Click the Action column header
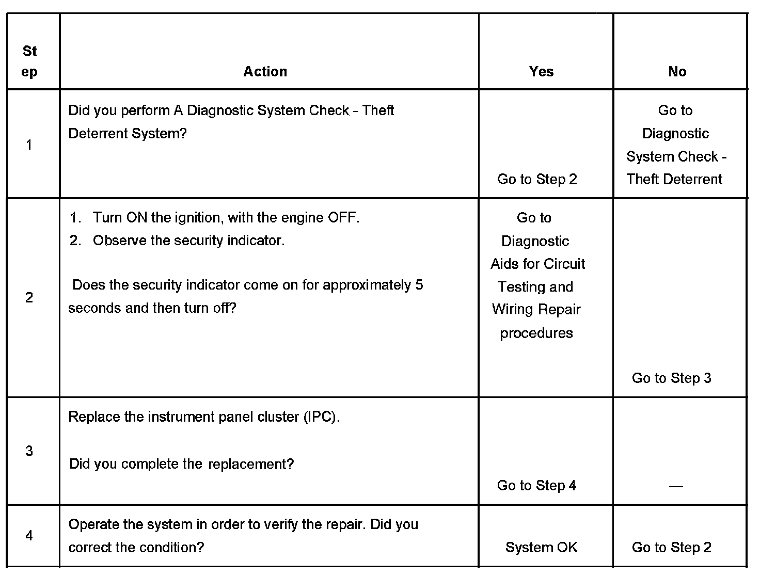(265, 71)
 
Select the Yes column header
(541, 71)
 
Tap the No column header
(677, 71)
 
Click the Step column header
(29, 61)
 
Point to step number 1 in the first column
(29, 145)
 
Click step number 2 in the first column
(29, 297)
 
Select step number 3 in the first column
(29, 451)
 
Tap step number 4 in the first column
(29, 536)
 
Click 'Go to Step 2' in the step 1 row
(537, 179)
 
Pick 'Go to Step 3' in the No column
(671, 378)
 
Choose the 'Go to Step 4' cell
(536, 485)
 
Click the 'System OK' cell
(541, 547)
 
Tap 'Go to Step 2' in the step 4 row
(671, 547)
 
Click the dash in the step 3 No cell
(675, 486)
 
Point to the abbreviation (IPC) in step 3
(321, 417)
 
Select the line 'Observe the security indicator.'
(188, 241)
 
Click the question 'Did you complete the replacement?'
(181, 464)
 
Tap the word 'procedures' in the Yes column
(536, 333)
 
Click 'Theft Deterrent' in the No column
(674, 179)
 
